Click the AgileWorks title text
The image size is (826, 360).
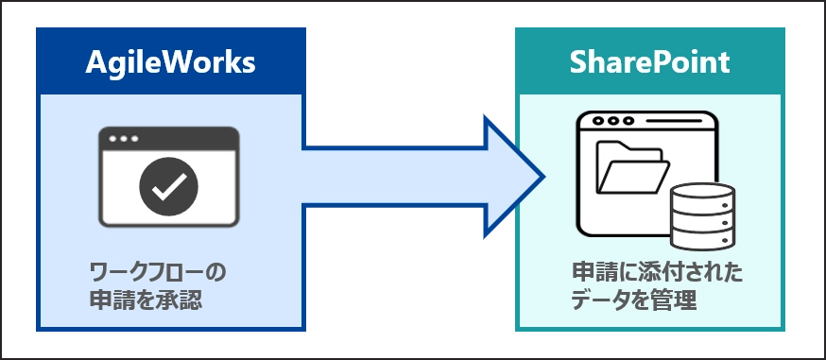click(170, 62)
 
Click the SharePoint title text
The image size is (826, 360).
click(649, 62)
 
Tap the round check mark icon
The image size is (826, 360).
click(168, 185)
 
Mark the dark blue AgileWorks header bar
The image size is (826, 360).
click(170, 62)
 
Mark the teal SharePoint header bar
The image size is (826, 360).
click(649, 62)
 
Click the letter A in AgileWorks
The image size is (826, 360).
click(95, 62)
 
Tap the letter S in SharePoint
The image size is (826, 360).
click(578, 62)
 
